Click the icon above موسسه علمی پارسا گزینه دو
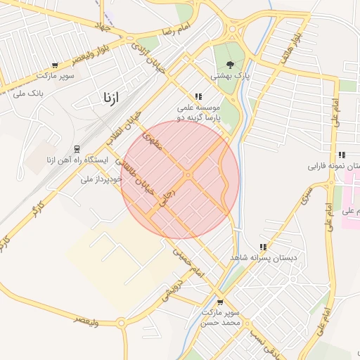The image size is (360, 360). coord(199,96)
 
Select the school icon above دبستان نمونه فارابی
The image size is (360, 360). coord(342,155)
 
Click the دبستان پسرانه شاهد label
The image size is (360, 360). coord(263,259)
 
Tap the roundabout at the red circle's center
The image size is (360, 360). coord(188,175)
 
